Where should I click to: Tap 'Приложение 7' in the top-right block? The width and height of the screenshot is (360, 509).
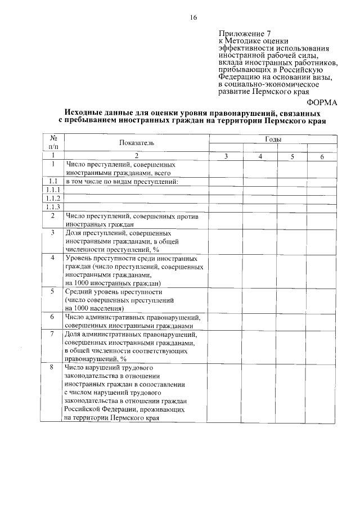point(241,33)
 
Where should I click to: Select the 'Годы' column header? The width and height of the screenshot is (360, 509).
point(274,139)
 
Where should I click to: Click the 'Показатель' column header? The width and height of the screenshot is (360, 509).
point(136,143)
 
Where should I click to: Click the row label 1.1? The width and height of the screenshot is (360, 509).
point(53,181)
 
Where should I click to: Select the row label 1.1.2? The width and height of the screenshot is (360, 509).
point(53,198)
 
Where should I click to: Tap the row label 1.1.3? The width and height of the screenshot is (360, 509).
point(53,206)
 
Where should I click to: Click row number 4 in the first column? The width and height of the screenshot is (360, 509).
point(53,258)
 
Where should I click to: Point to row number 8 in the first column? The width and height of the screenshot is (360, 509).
point(53,367)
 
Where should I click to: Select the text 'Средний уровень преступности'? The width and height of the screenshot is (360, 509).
point(114,292)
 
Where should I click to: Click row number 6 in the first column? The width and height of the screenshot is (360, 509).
point(53,317)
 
